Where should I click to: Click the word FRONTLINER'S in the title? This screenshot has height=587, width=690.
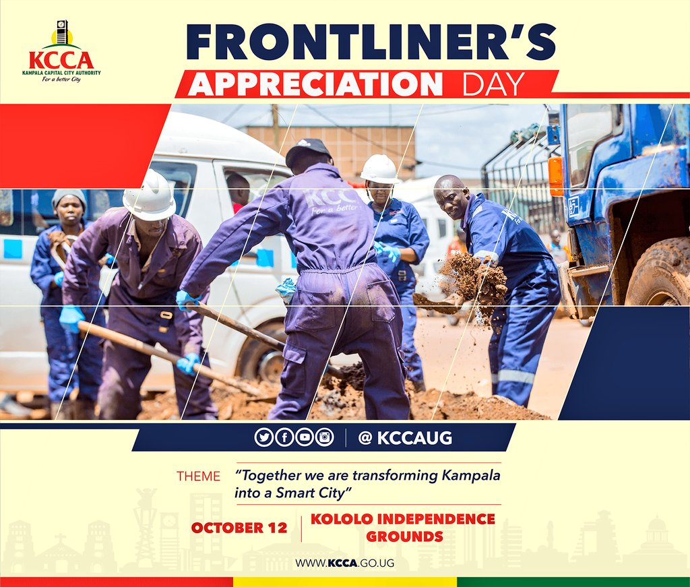click(371, 42)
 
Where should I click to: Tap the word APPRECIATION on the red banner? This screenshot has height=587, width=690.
click(315, 84)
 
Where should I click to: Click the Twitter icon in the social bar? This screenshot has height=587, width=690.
click(263, 437)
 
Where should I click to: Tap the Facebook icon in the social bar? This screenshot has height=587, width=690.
click(284, 437)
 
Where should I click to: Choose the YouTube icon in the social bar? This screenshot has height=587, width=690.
click(304, 437)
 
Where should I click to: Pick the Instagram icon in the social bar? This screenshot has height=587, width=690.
click(325, 437)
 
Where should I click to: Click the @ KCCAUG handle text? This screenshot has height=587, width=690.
click(405, 438)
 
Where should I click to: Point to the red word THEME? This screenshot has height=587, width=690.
click(198, 476)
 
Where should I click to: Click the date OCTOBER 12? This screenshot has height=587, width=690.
click(239, 528)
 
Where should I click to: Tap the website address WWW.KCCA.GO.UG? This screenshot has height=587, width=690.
click(344, 563)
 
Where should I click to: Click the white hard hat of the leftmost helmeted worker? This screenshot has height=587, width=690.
click(150, 196)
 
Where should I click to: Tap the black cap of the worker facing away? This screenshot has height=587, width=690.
click(307, 150)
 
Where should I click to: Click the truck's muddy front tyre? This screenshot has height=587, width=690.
click(656, 276)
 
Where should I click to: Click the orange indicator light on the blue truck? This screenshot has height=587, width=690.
click(555, 176)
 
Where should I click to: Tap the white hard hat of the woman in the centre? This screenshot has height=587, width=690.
click(380, 169)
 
